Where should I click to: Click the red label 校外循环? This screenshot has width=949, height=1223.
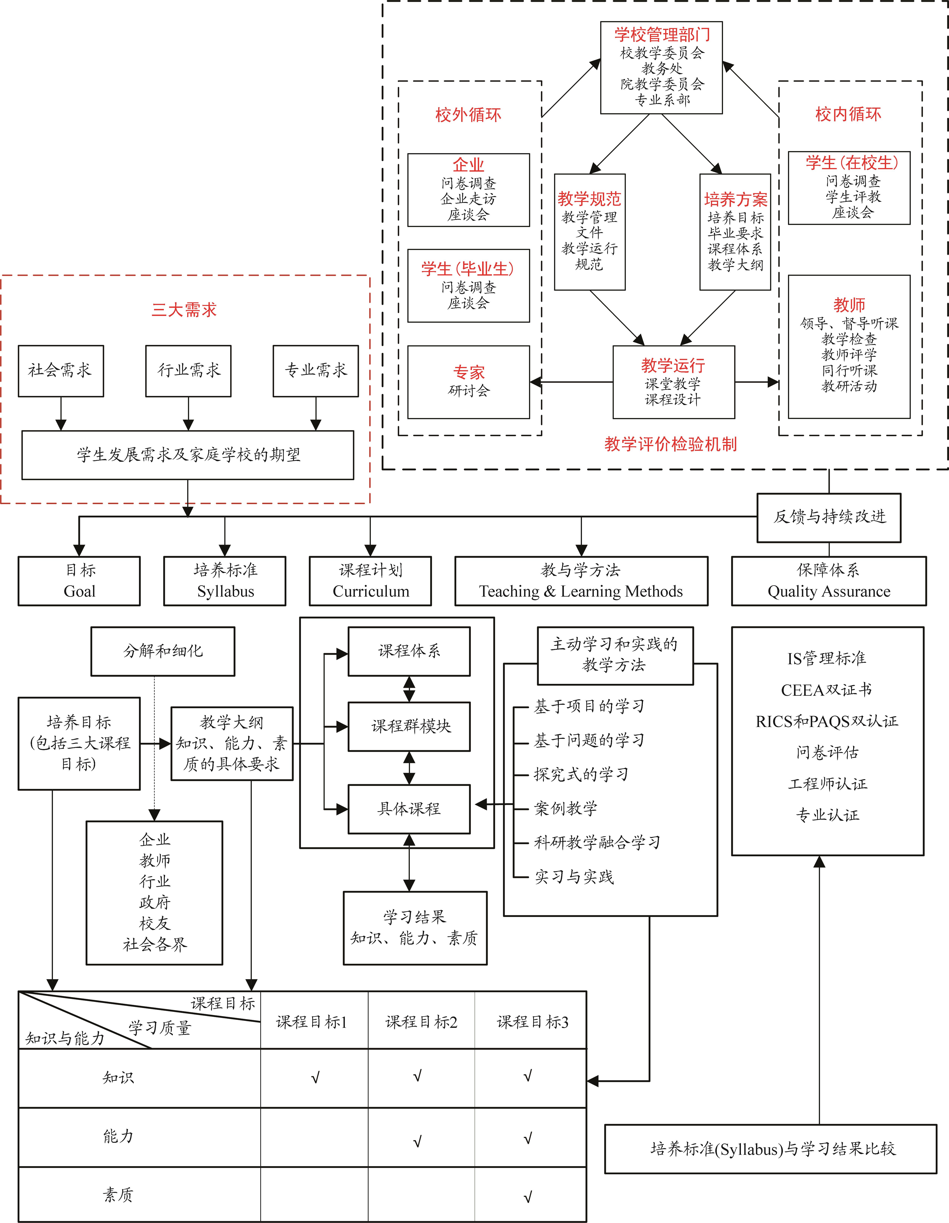tap(468, 115)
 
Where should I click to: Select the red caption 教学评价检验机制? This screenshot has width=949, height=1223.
tap(670, 444)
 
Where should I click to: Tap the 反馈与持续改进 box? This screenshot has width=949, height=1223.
tap(829, 517)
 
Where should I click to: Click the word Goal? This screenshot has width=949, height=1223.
tap(79, 591)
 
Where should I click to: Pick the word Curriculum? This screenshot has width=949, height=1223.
tap(371, 591)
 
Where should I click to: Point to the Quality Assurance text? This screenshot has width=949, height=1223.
tap(829, 591)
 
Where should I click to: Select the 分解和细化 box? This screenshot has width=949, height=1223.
tap(163, 651)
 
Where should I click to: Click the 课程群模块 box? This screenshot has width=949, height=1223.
tap(409, 726)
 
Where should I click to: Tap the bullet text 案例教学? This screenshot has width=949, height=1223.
tap(566, 808)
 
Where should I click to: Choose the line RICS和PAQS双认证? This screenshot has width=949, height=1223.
tap(827, 721)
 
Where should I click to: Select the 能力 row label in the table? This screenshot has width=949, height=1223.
tap(118, 1136)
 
